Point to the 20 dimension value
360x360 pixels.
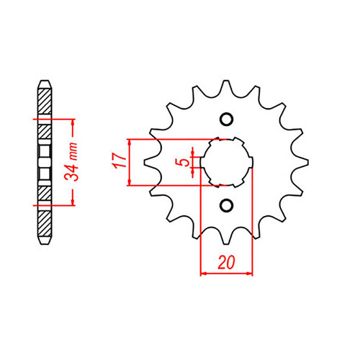tap(227, 263)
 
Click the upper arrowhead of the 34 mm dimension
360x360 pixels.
tap(73, 120)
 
